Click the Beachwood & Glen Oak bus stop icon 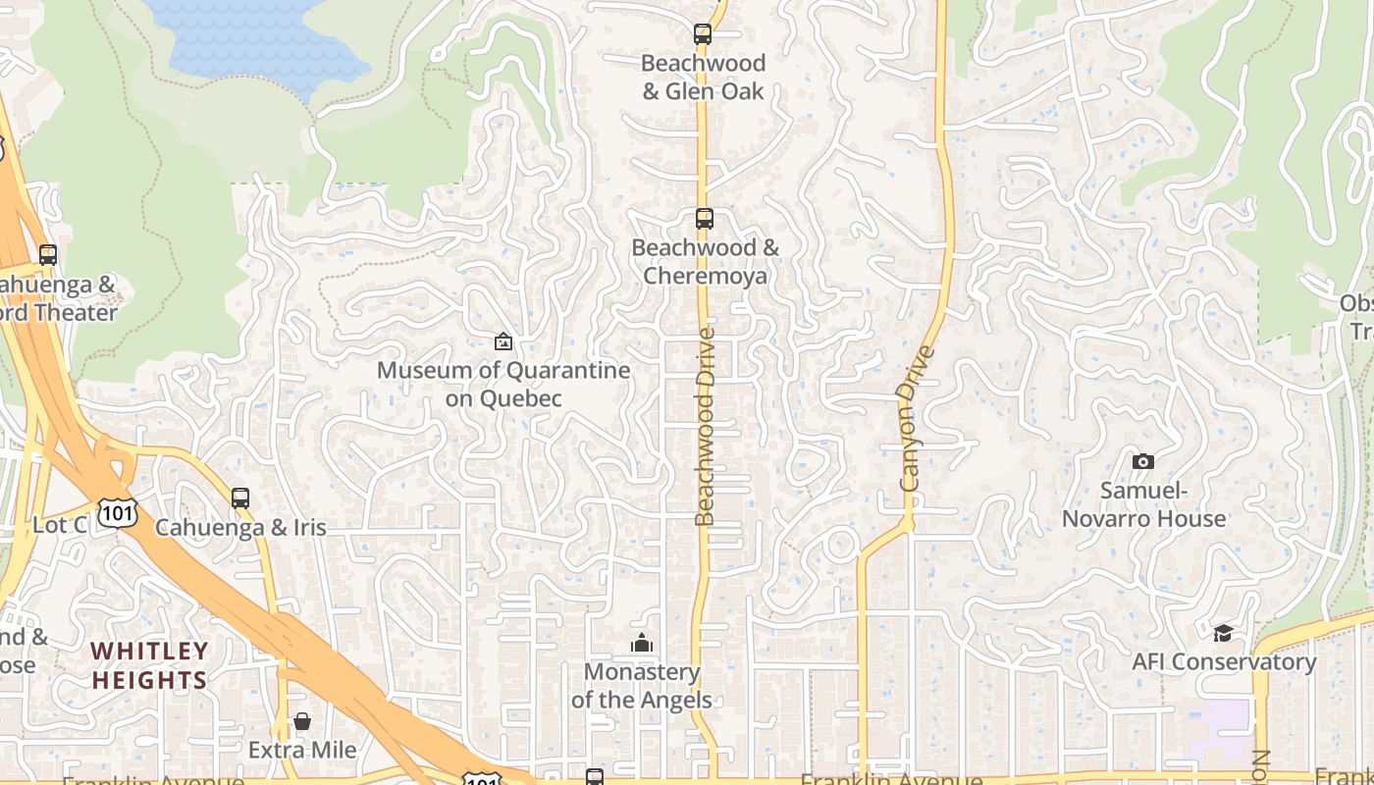pyautogui.click(x=703, y=34)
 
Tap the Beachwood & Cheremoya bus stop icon pyautogui.click(x=704, y=219)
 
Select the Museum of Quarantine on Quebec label pyautogui.click(x=503, y=384)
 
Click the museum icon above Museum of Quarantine pyautogui.click(x=503, y=341)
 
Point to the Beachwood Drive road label pyautogui.click(x=706, y=427)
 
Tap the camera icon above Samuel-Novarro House pyautogui.click(x=1142, y=461)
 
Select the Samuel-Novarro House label pyautogui.click(x=1143, y=504)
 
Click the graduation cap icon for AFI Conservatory pyautogui.click(x=1223, y=633)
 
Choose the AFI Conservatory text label pyautogui.click(x=1224, y=661)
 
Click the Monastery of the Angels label pyautogui.click(x=642, y=686)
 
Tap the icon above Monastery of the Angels pyautogui.click(x=642, y=644)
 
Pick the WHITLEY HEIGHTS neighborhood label pyautogui.click(x=150, y=665)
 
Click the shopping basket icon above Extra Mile pyautogui.click(x=302, y=722)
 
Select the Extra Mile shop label pyautogui.click(x=302, y=750)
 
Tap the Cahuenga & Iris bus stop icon pyautogui.click(x=240, y=497)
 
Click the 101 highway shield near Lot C pyautogui.click(x=117, y=511)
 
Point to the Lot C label pyautogui.click(x=60, y=525)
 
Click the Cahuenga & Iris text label pyautogui.click(x=240, y=527)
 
